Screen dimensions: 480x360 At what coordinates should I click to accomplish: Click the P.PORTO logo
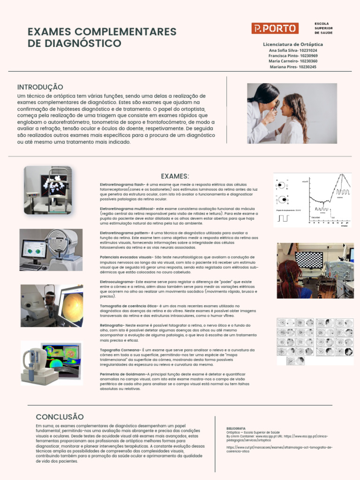point(275,28)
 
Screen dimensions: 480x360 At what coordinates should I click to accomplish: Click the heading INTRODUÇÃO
point(40,87)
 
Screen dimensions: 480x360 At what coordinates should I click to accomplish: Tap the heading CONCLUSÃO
point(60,417)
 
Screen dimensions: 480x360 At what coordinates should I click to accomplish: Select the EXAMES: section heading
point(175,176)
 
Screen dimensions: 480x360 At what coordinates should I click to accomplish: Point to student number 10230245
point(307,67)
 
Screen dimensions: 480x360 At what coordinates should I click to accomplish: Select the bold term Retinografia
point(111,324)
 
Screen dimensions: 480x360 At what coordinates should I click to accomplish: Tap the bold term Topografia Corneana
point(120,350)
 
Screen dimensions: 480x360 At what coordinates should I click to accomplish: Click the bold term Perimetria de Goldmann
point(123,374)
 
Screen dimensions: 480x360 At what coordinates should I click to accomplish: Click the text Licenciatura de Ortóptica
point(292,44)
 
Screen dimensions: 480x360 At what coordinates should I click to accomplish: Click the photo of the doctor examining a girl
point(292,113)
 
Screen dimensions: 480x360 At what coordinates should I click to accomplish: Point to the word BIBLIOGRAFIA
point(236,428)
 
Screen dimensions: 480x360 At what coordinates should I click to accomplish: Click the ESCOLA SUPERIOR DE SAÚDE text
point(323,28)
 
